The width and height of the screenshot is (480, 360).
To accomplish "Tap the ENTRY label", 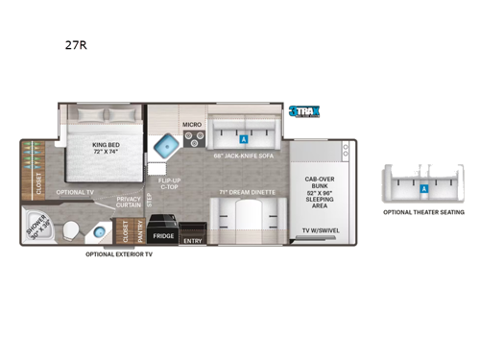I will click(192, 240).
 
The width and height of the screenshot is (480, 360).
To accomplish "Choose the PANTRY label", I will click(139, 230).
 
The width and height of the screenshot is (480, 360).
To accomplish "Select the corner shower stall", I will click(37, 230).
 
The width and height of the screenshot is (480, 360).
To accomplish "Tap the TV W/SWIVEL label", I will click(322, 231).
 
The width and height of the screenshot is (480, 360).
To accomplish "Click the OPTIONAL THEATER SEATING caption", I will click(422, 212).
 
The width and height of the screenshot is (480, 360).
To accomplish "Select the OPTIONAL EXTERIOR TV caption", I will click(120, 254).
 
